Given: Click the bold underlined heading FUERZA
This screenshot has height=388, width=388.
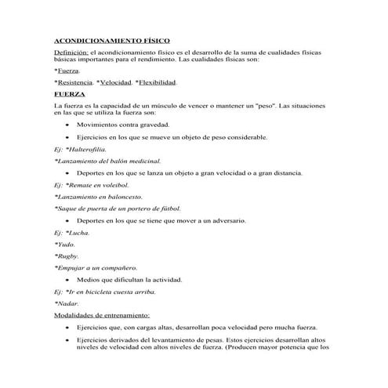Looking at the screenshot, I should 69,92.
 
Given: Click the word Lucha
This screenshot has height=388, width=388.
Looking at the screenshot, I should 79,233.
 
